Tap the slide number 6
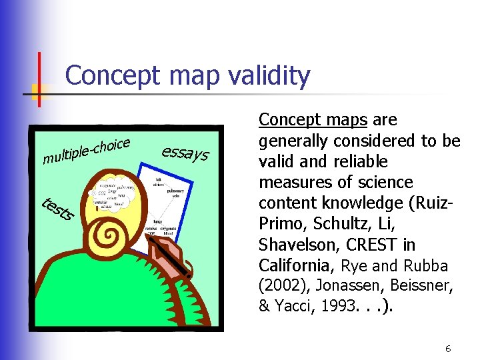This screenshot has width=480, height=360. [x=449, y=349]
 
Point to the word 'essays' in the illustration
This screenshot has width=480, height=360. [x=185, y=153]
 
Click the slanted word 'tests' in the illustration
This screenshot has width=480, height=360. [x=57, y=209]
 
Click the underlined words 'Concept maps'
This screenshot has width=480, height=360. [x=313, y=120]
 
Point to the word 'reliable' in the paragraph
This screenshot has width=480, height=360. [x=363, y=161]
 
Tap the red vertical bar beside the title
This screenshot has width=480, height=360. [x=39, y=79]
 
